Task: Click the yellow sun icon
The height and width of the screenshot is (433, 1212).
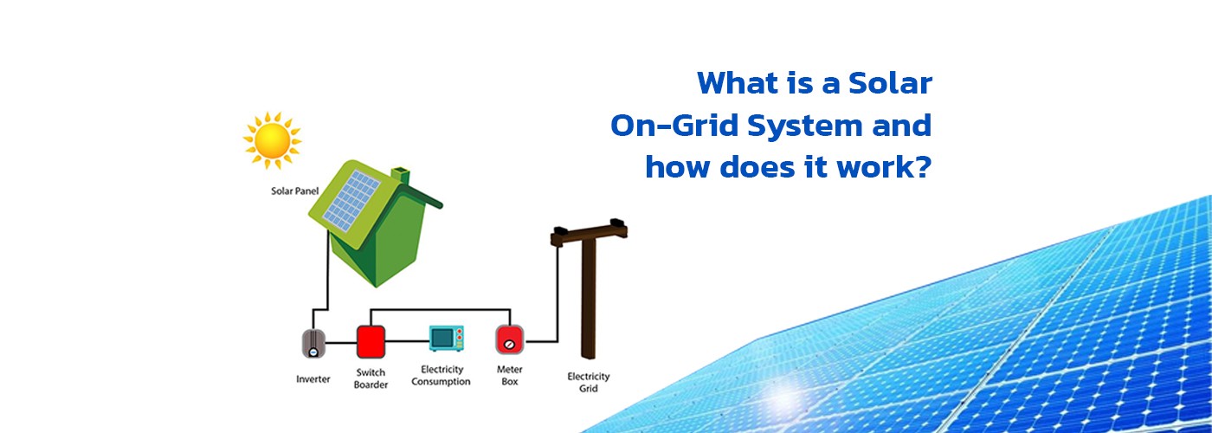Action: point(272,140)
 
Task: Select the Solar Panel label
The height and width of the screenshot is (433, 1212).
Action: point(295,191)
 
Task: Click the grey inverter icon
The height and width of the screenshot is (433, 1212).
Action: point(313,343)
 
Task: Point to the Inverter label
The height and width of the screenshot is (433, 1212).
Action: point(313,379)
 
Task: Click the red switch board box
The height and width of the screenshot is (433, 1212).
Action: point(371,341)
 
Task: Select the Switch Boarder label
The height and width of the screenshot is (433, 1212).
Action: point(371,378)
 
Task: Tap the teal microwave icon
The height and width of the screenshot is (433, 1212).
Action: point(447,338)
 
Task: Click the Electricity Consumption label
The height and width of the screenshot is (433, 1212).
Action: point(441,375)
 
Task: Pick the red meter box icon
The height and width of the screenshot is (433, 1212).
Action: point(510,339)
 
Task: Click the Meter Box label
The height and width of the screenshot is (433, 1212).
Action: point(510,375)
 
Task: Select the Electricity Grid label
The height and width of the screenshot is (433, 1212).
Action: point(589,382)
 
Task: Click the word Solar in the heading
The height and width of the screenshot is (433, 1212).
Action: point(890,83)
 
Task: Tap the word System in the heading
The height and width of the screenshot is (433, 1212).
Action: point(805,126)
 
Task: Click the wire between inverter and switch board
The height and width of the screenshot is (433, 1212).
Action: point(341,343)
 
